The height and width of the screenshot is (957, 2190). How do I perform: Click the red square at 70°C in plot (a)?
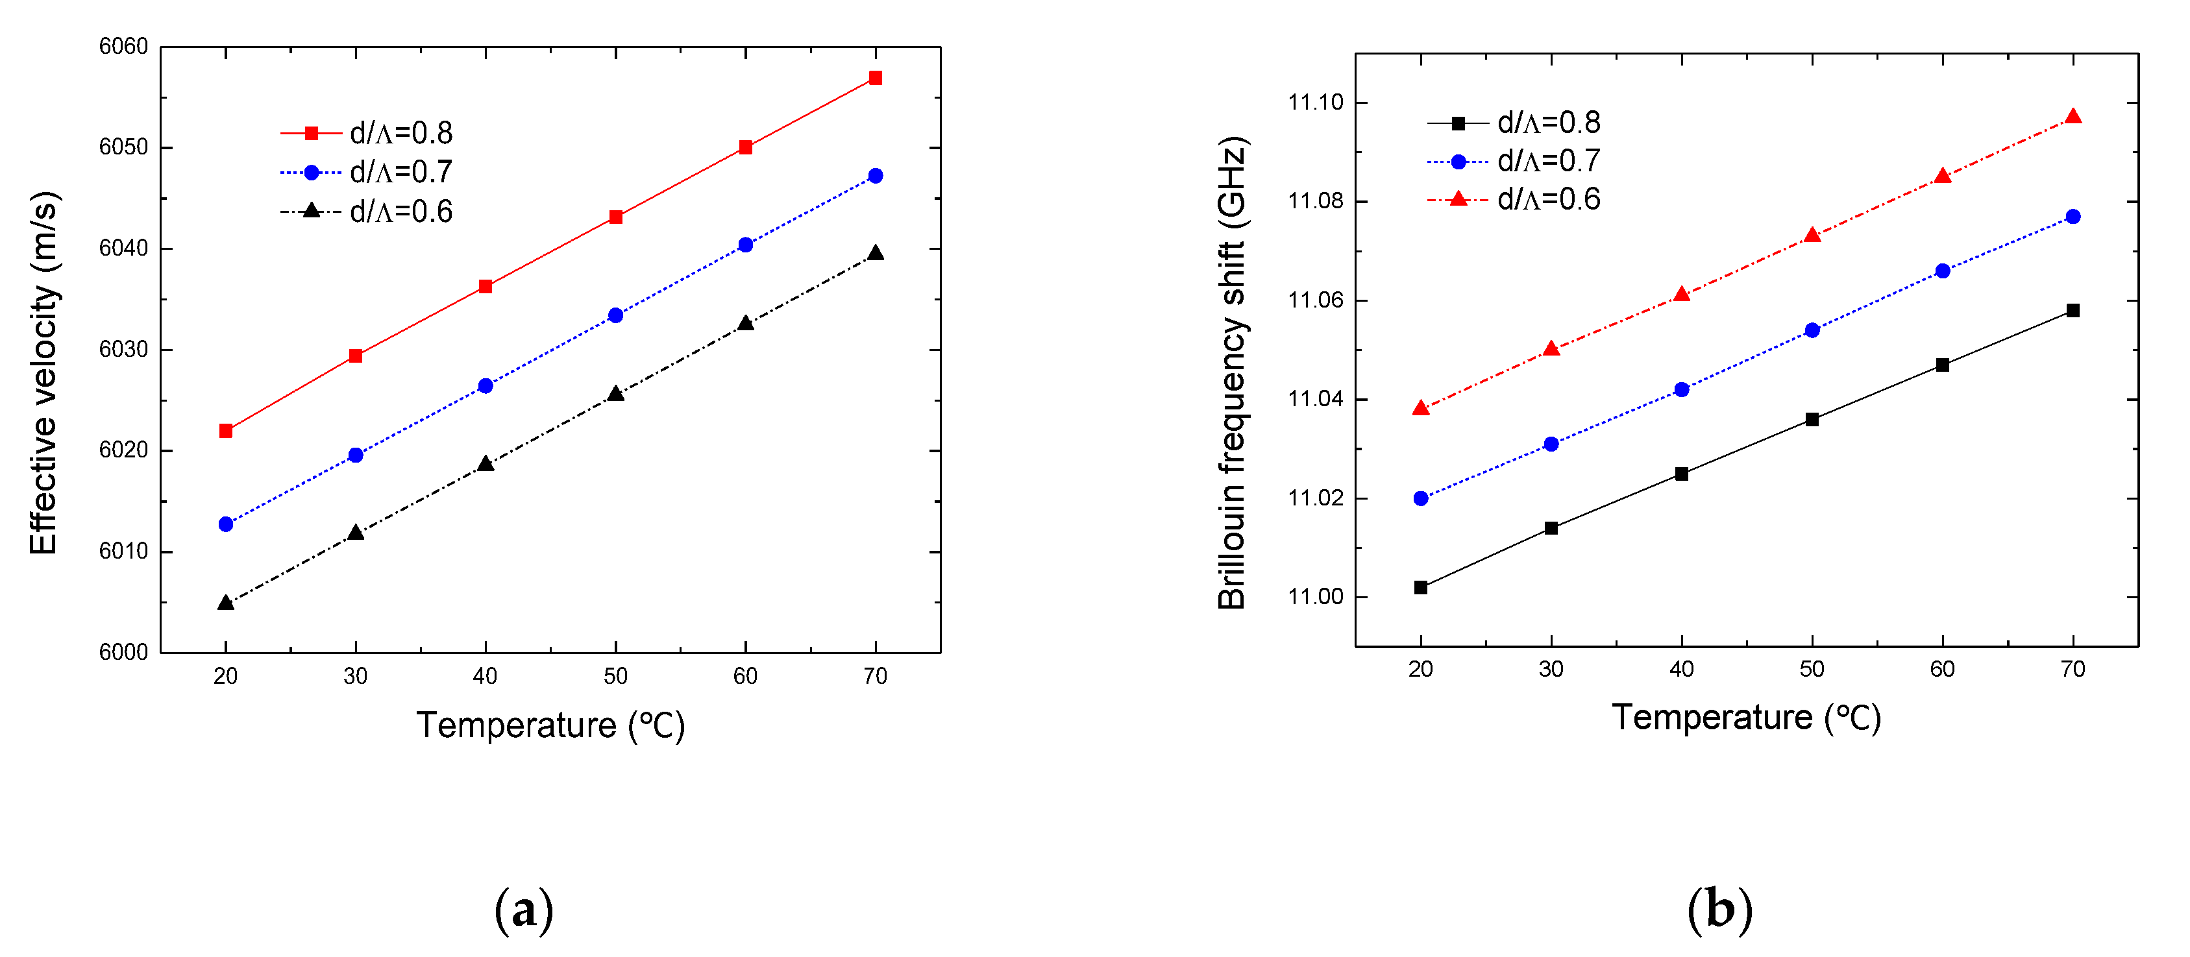point(875,79)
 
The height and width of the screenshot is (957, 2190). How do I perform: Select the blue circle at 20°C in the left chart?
point(225,524)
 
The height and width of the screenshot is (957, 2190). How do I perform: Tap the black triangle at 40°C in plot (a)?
point(486,464)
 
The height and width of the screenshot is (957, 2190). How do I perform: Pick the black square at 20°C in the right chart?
point(1421,587)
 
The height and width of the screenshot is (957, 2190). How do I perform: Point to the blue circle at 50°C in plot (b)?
point(1812,330)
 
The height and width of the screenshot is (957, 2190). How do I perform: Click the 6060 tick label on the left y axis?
point(123,47)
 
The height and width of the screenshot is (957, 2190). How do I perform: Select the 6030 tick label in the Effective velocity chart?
point(123,349)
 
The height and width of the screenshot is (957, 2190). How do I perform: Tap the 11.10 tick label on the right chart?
point(1315,103)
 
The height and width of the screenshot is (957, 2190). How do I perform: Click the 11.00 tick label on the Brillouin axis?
point(1315,597)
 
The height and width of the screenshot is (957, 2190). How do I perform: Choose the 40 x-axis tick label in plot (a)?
point(485,677)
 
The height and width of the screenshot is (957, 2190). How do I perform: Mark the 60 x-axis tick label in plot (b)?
point(1942,670)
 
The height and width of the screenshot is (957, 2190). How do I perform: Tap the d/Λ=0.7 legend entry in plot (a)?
point(367,173)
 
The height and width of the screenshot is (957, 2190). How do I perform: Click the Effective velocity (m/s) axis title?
point(44,373)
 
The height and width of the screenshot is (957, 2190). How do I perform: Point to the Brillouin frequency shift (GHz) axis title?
point(1232,373)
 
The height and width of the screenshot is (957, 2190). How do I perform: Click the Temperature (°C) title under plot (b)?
point(1745,718)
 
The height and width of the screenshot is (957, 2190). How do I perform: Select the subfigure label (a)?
point(524,910)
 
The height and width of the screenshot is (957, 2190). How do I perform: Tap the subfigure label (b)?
point(1719,910)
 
